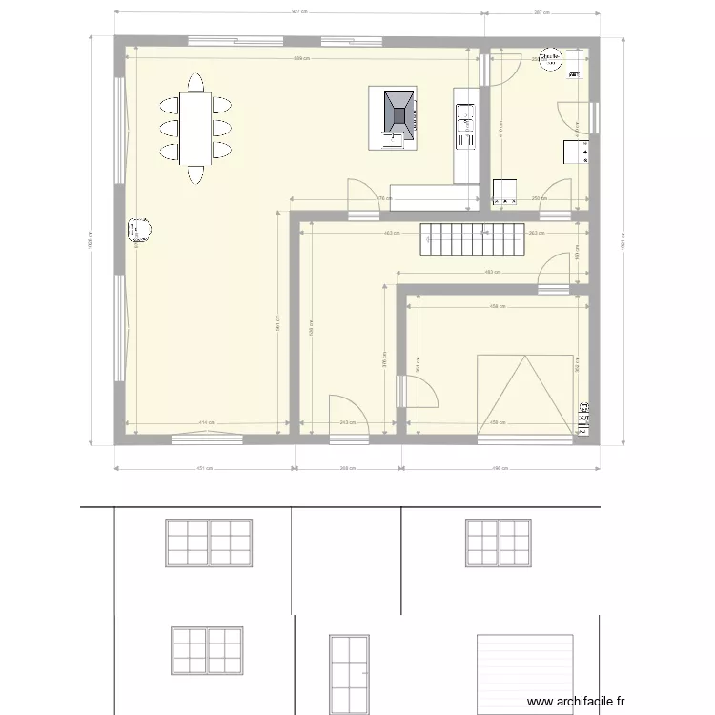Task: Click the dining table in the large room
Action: click(196, 128)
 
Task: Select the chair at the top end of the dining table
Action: click(196, 81)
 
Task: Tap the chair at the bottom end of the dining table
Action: click(196, 174)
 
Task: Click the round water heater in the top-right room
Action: click(551, 59)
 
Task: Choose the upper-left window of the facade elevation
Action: click(209, 543)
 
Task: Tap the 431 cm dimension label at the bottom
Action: click(203, 468)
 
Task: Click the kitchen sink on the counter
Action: click(466, 118)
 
